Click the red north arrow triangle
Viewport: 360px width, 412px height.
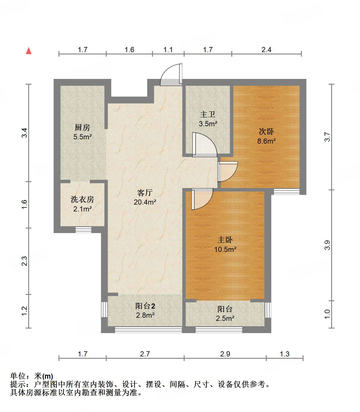point(29,51)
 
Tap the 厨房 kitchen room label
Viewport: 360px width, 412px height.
point(82,127)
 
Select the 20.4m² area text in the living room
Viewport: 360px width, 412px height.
point(145,202)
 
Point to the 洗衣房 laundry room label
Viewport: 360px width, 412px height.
point(82,199)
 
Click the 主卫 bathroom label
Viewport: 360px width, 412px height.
point(208,114)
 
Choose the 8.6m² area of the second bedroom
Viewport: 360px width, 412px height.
point(266,141)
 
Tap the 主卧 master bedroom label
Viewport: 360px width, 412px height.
point(225,240)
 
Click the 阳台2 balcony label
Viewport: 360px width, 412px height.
point(145,306)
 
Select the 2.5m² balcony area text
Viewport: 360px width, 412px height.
point(225,318)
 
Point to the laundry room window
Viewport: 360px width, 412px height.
point(84,230)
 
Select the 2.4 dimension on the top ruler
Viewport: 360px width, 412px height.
point(266,50)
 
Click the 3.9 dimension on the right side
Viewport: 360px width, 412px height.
point(327,245)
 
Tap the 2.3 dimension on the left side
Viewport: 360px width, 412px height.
point(24,261)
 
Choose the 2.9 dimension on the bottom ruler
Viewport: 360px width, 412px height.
point(225,354)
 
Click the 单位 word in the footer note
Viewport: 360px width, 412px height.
point(18,376)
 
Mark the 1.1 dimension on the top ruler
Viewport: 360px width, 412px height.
point(168,50)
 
